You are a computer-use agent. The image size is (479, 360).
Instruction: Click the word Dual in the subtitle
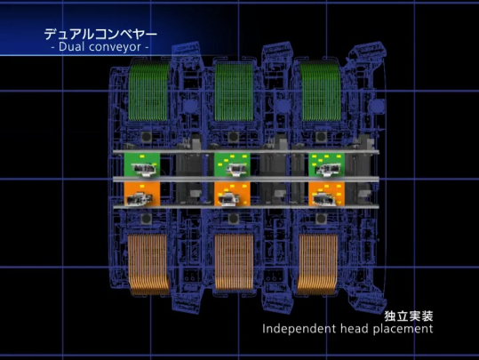[68, 47]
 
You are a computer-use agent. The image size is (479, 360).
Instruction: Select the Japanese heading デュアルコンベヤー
[100, 34]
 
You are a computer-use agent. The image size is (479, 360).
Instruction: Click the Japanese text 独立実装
[409, 316]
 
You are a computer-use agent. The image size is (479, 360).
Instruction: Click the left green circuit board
[142, 164]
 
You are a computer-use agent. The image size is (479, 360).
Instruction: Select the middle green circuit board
[232, 164]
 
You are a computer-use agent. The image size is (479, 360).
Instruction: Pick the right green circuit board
[326, 164]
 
